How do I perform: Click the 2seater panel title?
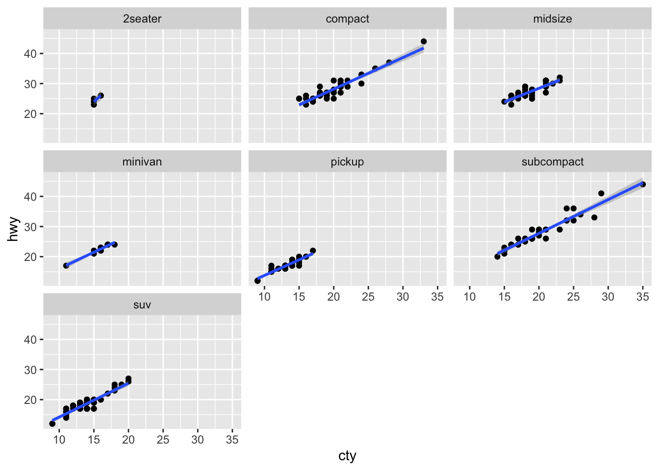pos(142,19)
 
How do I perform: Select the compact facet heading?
pos(347,19)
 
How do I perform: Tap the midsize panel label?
pos(553,19)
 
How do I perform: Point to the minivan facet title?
pos(142,162)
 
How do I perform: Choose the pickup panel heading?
pos(347,162)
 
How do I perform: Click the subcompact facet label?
pos(553,162)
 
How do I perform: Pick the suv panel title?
pos(142,305)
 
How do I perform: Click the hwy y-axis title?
pos(14,229)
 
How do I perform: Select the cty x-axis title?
pos(347,456)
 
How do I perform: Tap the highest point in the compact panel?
pos(424,42)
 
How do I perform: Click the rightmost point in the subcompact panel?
pos(643,185)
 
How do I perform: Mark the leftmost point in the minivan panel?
pos(66,265)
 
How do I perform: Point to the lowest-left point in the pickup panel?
pos(257,281)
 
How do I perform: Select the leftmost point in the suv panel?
pos(52,423)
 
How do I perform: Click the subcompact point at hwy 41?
pos(601,193)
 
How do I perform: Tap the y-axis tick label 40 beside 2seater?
pos(30,53)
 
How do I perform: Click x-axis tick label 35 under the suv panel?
pos(232,440)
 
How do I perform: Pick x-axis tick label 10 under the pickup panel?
pos(264,297)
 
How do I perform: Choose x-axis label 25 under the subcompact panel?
pos(573,297)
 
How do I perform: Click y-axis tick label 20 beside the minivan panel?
pos(30,257)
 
